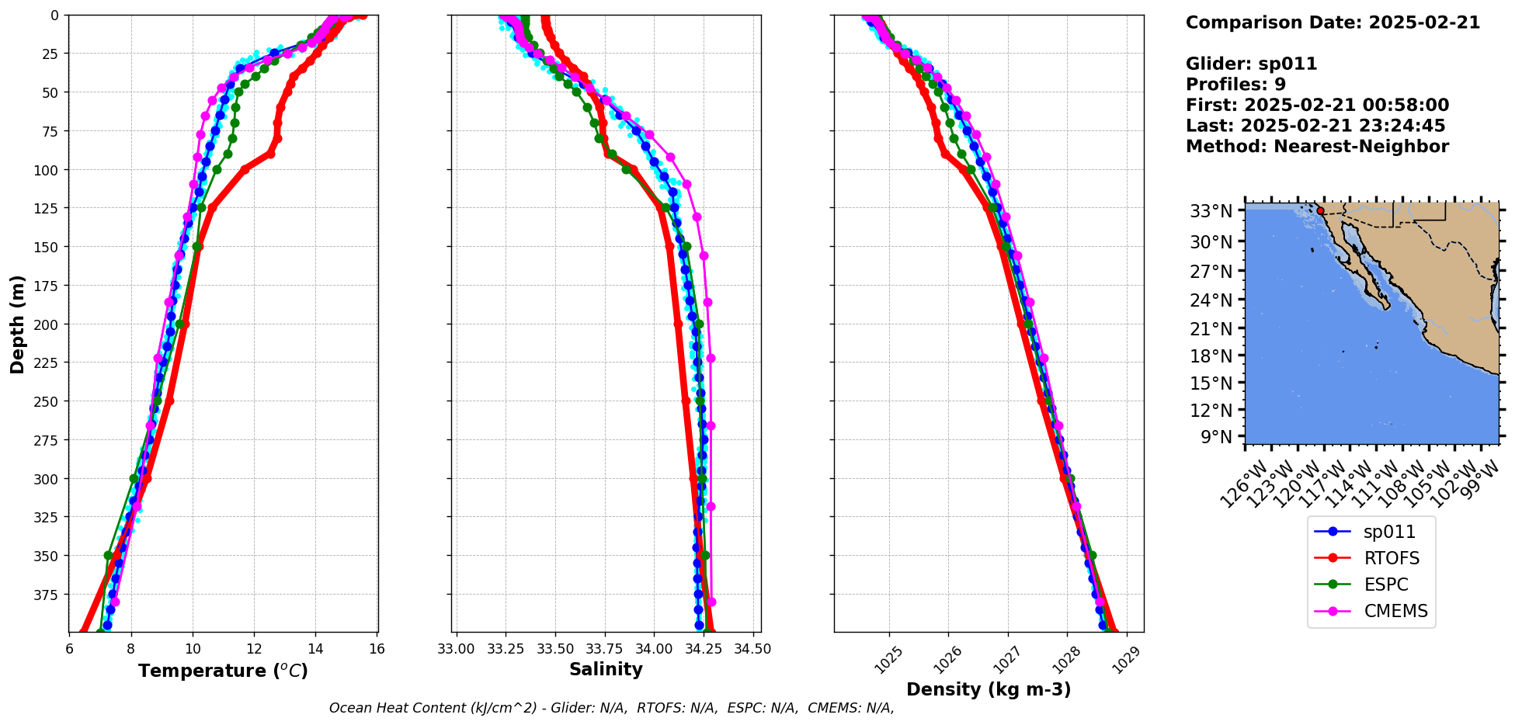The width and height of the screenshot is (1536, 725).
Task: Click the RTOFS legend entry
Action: pos(1391,558)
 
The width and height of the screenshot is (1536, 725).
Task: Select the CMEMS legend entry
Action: pos(1395,611)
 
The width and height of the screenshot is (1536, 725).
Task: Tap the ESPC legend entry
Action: pos(1385,585)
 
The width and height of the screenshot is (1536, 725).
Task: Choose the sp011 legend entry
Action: pos(1389,532)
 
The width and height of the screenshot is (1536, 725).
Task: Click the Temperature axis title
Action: pos(223,671)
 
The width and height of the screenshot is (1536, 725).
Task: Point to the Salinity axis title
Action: pos(606,669)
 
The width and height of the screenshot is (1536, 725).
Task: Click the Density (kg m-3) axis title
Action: pos(989,689)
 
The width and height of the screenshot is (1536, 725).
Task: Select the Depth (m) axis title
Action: pos(17,324)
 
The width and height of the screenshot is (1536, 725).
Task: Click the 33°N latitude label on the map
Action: pos(1211,211)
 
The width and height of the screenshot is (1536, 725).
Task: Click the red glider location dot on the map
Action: pos(1320,210)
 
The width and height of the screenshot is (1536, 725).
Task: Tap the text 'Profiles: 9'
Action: pos(1235,85)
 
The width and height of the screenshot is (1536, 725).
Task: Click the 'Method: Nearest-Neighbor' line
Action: pos(1317,147)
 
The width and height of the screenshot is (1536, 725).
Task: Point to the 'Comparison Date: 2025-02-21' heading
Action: pos(1333,23)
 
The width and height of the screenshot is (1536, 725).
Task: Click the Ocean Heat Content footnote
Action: pos(611,708)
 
